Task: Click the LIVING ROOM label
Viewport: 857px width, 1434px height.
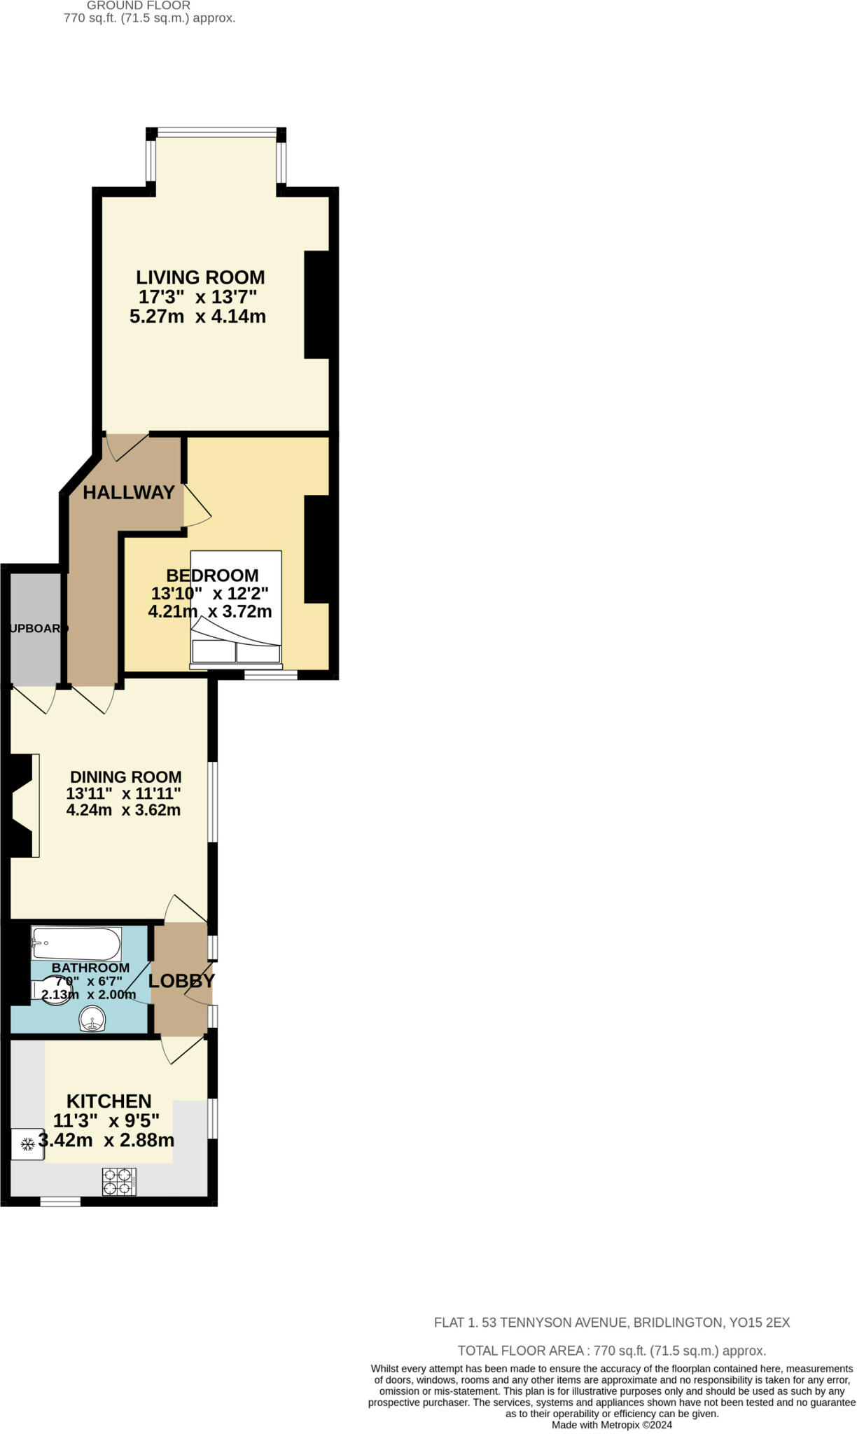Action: (200, 277)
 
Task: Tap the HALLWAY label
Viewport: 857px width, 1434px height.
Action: (128, 493)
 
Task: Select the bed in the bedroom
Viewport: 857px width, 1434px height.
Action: (236, 608)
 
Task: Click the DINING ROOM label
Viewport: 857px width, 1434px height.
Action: (126, 777)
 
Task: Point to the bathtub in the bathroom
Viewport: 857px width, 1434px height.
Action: (76, 945)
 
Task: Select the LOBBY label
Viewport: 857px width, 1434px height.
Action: (181, 981)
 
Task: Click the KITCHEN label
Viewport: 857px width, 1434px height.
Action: (109, 1101)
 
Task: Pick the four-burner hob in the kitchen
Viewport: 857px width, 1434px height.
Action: (118, 1181)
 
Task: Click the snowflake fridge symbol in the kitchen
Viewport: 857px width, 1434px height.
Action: (28, 1145)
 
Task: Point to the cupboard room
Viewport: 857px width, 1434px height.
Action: (35, 629)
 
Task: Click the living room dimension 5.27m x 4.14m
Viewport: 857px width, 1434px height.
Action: (197, 316)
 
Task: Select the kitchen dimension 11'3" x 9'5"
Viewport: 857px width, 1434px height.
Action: (106, 1121)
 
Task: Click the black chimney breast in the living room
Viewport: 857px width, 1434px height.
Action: (316, 305)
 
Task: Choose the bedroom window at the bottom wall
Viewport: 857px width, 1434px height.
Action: (270, 676)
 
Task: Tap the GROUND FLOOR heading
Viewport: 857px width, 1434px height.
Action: (139, 6)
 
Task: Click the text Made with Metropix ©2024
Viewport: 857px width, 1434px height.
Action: (611, 1425)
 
